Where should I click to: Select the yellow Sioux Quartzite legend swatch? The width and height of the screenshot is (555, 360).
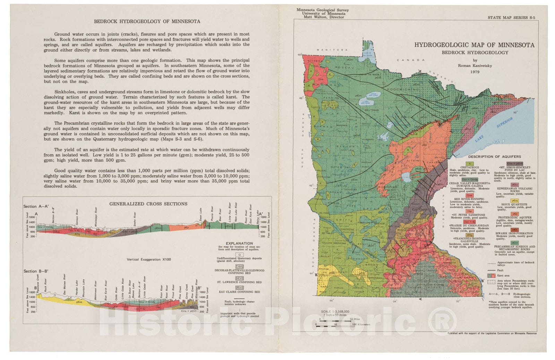coord(515,200)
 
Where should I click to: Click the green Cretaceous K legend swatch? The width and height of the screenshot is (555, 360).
coord(470,163)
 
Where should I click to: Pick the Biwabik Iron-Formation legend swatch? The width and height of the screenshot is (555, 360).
coord(515,230)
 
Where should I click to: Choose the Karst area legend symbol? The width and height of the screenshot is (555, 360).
coord(491,275)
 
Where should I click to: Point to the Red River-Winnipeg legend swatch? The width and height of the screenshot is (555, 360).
coord(470,195)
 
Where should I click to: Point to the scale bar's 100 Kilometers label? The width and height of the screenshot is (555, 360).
coord(361,325)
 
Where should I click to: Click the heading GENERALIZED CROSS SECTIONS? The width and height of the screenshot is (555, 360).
coord(148,204)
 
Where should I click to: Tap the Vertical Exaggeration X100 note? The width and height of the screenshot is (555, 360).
coord(149,259)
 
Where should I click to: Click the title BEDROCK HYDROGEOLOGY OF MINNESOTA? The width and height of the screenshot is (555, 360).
coord(147,21)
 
